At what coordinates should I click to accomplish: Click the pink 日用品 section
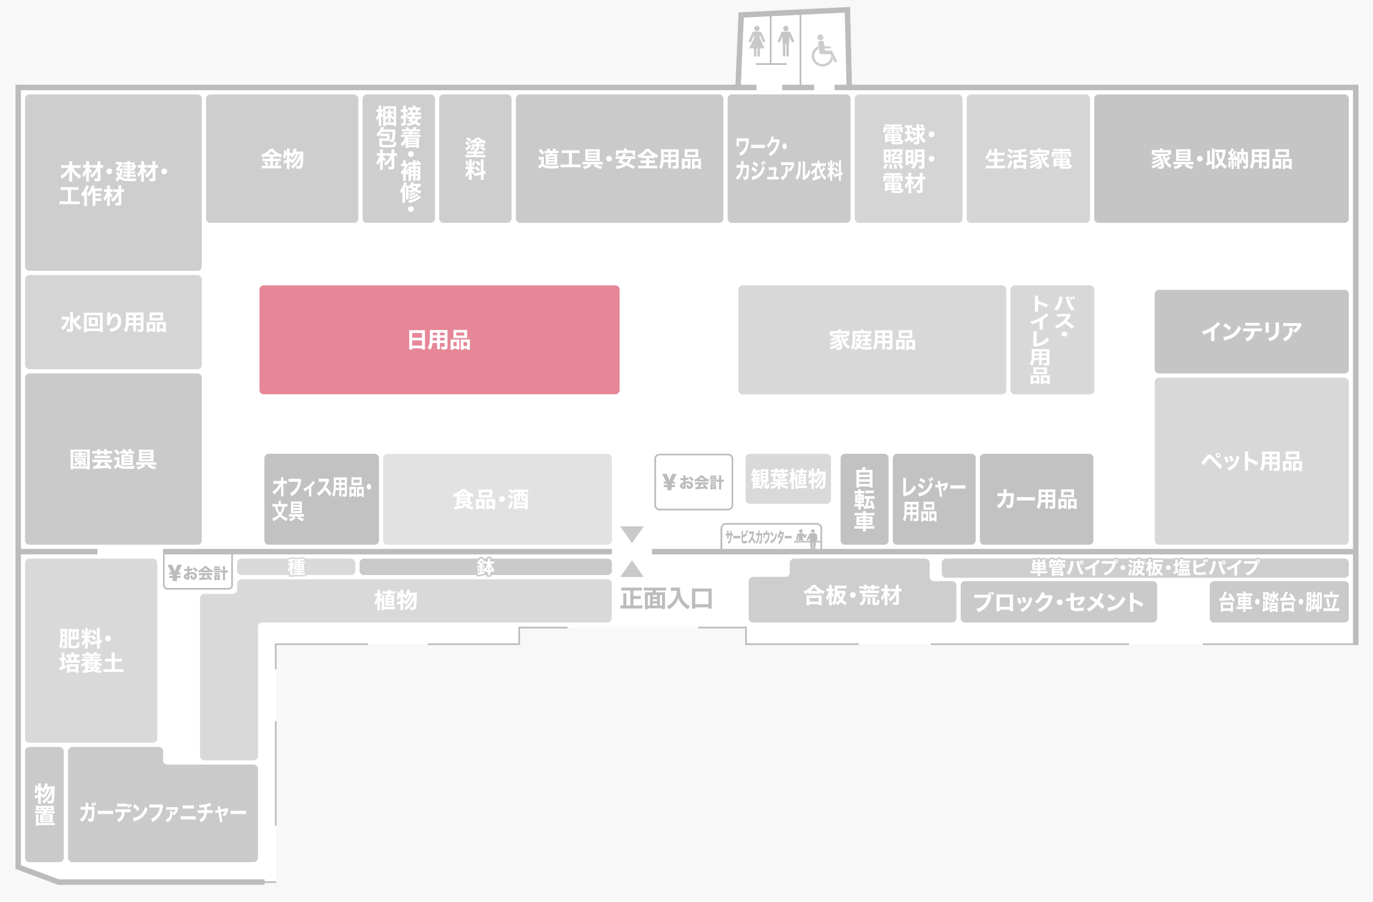pyautogui.click(x=439, y=340)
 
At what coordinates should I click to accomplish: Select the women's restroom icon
pyautogui.click(x=756, y=42)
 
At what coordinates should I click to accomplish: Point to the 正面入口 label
pyautogui.click(x=666, y=599)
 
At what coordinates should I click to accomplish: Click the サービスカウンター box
pyautogui.click(x=771, y=537)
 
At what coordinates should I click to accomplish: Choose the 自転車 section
pyautogui.click(x=864, y=499)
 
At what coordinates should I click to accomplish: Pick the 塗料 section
pyautogui.click(x=475, y=159)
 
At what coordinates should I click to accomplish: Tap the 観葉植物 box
pyautogui.click(x=788, y=479)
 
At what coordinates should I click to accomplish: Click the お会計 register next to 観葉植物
pyautogui.click(x=693, y=482)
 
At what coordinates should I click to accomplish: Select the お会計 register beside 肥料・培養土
pyautogui.click(x=198, y=572)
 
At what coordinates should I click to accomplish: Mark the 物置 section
pyautogui.click(x=44, y=804)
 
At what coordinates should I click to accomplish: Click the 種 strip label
pyautogui.click(x=296, y=567)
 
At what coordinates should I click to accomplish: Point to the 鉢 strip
pyautogui.click(x=485, y=567)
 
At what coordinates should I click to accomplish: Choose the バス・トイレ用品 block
pyautogui.click(x=1052, y=340)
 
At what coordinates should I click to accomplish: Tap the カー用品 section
pyautogui.click(x=1036, y=499)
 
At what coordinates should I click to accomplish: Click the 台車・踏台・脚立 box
pyautogui.click(x=1279, y=602)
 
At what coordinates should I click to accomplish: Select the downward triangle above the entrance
pyautogui.click(x=632, y=533)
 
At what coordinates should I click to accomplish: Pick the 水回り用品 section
pyautogui.click(x=113, y=322)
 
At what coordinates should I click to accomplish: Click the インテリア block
pyautogui.click(x=1251, y=332)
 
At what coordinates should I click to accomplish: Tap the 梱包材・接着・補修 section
pyautogui.click(x=399, y=159)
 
